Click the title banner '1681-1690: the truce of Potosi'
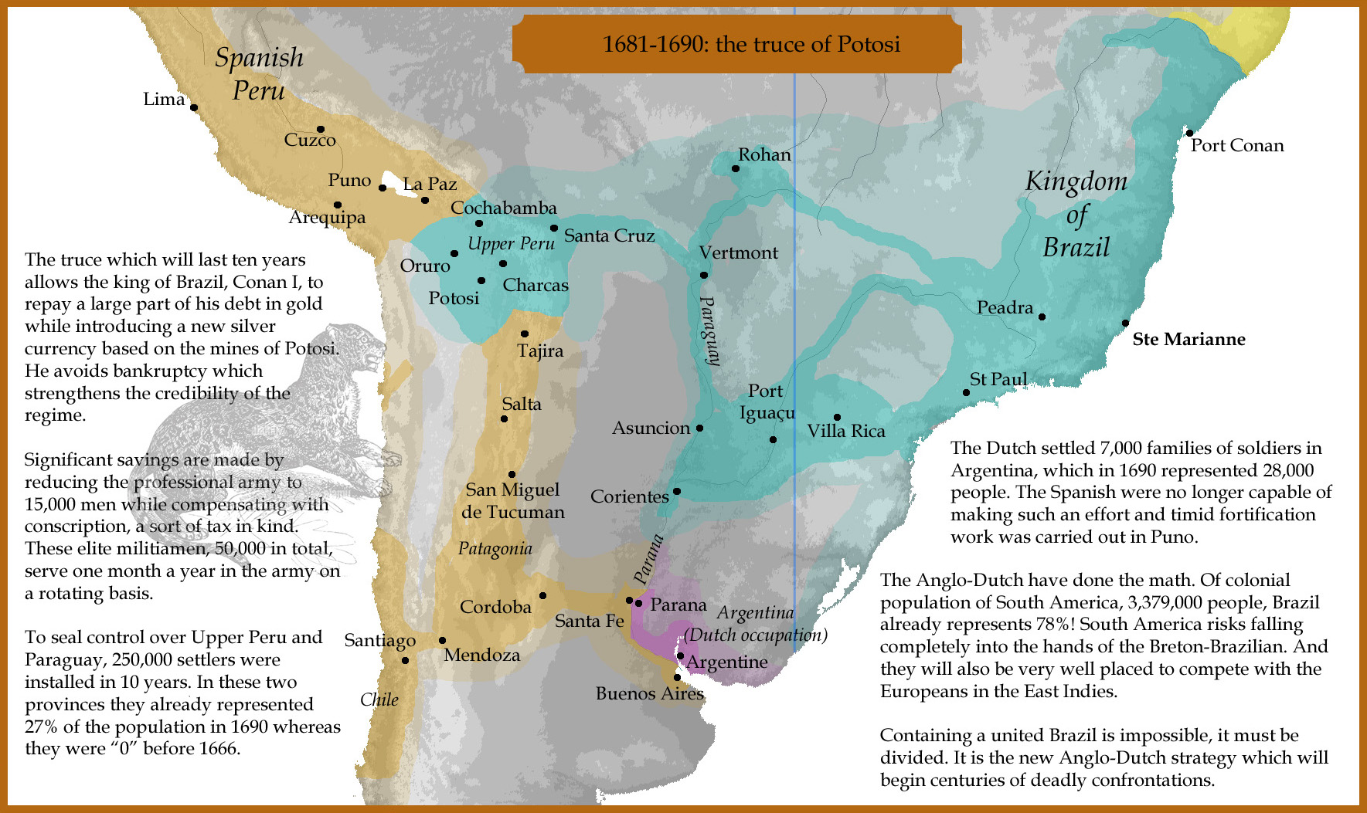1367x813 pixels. coord(736,44)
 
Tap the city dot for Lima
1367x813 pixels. coord(194,108)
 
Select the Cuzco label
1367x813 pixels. coord(310,141)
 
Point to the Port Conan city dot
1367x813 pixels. coord(1190,134)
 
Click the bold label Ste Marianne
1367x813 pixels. coord(1188,340)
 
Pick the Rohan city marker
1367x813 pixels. coord(736,168)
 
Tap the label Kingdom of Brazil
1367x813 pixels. coord(1076,214)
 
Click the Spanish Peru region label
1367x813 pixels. coord(259,74)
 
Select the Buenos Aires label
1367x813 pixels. coord(649,693)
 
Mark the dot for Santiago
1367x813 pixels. coord(405,660)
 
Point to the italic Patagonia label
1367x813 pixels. coord(495,549)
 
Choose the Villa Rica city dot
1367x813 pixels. coord(837,417)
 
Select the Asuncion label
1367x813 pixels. coord(651,429)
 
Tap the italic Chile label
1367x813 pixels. coord(379,700)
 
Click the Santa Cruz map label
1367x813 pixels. coord(609,236)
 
